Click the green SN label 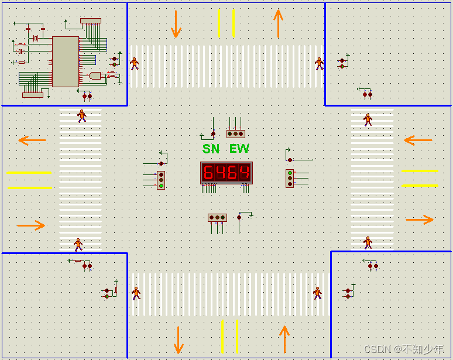click(211, 149)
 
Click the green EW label click(239, 149)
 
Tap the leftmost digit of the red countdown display click(208, 173)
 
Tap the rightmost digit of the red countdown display click(244, 173)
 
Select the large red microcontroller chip click(65, 61)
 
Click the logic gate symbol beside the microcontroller click(95, 76)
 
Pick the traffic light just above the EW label click(235, 133)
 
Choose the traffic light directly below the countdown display click(217, 218)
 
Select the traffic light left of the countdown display click(161, 180)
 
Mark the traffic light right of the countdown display click(290, 178)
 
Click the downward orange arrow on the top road click(176, 23)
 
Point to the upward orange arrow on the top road click(278, 23)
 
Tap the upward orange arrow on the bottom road click(284, 338)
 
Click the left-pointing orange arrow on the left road click(32, 140)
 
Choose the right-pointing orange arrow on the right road click(420, 220)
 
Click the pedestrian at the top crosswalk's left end click(135, 63)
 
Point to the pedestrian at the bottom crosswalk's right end click(317, 293)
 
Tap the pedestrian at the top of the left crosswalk click(81, 115)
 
